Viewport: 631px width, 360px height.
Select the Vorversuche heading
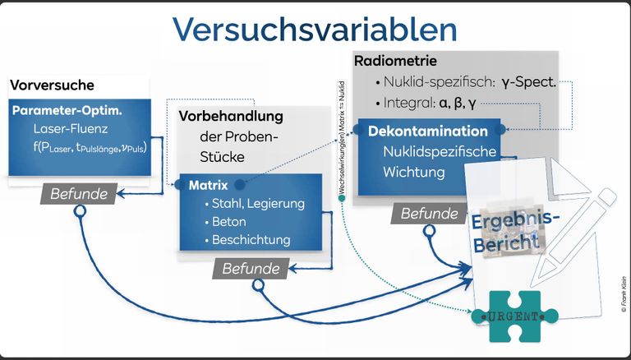click(x=53, y=85)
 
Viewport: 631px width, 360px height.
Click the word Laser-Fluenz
click(x=71, y=129)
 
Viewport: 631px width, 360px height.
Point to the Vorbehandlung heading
click(x=231, y=117)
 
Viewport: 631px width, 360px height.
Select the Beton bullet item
click(x=229, y=222)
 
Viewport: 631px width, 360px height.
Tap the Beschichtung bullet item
click(x=251, y=240)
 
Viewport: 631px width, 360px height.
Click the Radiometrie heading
click(x=395, y=62)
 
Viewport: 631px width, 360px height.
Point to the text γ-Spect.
click(x=529, y=82)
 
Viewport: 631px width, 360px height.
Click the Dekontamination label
click(x=428, y=132)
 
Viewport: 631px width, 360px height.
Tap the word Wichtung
click(x=414, y=173)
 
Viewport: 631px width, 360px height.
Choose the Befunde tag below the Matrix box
click(x=251, y=268)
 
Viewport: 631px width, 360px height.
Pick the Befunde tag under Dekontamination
click(x=429, y=214)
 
